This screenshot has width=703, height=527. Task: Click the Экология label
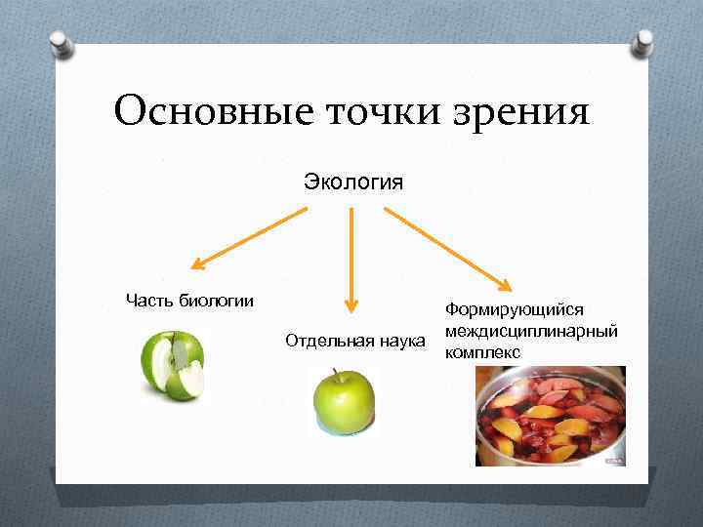(x=353, y=182)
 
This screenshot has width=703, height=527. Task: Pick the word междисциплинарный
(x=530, y=331)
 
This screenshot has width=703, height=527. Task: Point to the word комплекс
(x=482, y=351)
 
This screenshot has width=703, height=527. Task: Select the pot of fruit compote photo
(x=550, y=415)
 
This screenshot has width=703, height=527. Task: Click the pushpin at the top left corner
(x=61, y=45)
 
